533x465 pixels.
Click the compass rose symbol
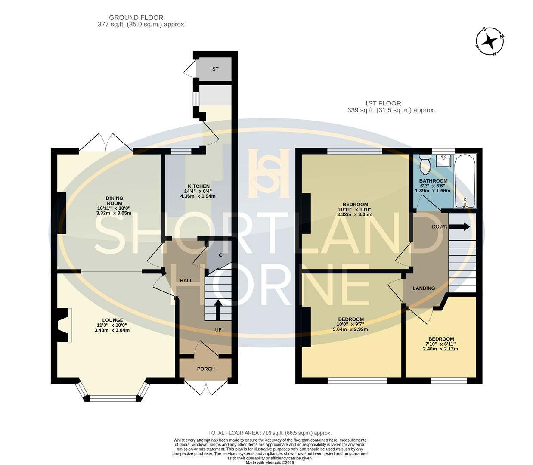pyautogui.click(x=489, y=42)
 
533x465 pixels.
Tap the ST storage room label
pyautogui.click(x=215, y=69)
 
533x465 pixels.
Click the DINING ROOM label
pyautogui.click(x=114, y=201)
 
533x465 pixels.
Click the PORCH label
pyautogui.click(x=206, y=369)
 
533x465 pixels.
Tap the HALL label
pyautogui.click(x=186, y=280)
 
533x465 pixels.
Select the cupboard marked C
pyautogui.click(x=220, y=255)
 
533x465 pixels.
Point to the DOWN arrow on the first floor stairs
pyautogui.click(x=460, y=226)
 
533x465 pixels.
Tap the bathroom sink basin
pyautogui.click(x=443, y=161)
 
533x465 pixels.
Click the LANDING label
pyautogui.click(x=424, y=288)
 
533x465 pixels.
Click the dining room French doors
pyautogui.click(x=105, y=142)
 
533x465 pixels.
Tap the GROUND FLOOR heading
pyautogui.click(x=136, y=18)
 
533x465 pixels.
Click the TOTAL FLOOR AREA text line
pyautogui.click(x=270, y=433)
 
